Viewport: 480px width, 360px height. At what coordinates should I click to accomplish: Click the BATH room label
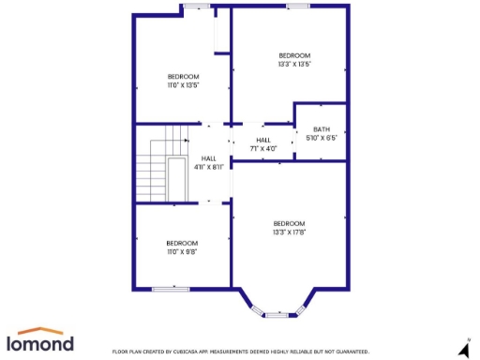(322, 129)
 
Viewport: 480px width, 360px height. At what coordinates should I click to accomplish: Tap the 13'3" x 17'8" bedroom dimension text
(290, 232)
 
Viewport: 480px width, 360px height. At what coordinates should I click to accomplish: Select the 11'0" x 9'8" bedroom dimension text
(182, 251)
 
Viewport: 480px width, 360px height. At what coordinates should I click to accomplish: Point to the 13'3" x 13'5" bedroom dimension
(294, 65)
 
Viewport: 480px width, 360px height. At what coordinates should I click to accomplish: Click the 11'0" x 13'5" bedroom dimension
(183, 85)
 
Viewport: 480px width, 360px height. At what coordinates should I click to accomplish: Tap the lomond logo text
(40, 344)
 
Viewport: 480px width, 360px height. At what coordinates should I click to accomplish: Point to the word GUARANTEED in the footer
(349, 352)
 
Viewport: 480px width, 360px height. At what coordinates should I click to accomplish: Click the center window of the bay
(277, 315)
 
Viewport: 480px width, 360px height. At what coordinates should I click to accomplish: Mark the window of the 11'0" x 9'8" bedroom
(171, 289)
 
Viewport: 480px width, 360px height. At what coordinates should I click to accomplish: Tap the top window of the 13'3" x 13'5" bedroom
(298, 7)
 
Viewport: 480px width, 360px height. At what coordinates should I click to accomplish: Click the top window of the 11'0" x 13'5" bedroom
(197, 7)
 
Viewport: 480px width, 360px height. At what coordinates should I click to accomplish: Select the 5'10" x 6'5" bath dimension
(322, 138)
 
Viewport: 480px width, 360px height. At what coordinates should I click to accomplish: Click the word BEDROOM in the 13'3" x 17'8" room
(290, 223)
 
